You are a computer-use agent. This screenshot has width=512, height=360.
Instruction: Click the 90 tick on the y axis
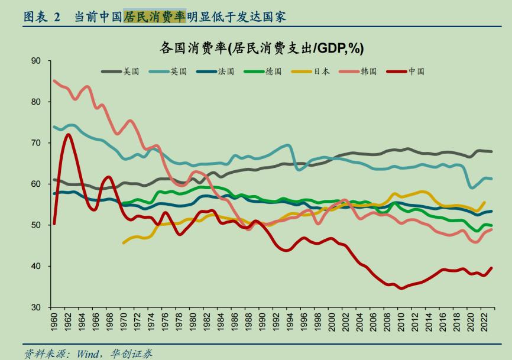pos(36,61)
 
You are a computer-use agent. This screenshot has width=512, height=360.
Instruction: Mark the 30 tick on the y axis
pos(36,307)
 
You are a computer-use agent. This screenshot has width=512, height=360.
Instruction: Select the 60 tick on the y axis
pos(36,184)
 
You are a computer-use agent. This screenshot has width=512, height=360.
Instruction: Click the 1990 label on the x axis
pos(262,323)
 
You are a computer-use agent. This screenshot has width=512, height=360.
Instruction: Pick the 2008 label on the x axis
pos(387,323)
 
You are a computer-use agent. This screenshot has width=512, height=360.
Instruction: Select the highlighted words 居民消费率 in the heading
pos(154,17)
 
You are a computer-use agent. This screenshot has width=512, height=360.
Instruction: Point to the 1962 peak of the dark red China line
pos(68,135)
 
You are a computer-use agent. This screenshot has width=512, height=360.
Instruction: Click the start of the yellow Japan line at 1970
pos(124,242)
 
